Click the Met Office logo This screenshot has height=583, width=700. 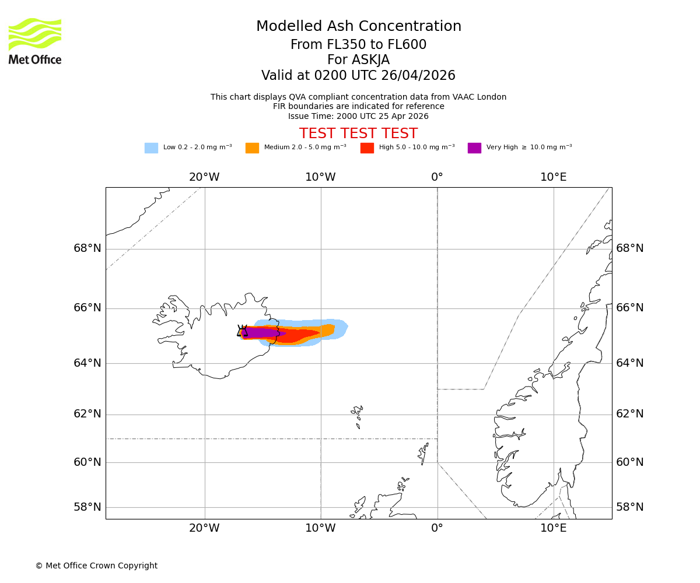tap(35, 41)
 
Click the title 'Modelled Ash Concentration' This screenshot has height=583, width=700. tap(359, 27)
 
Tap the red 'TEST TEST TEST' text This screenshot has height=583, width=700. tap(358, 134)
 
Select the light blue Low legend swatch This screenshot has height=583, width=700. tap(151, 148)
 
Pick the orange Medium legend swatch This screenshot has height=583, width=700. tap(252, 148)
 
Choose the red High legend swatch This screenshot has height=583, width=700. tap(367, 148)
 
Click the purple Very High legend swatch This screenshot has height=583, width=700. tap(474, 148)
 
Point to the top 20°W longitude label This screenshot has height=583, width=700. tap(204, 177)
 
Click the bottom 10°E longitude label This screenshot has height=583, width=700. tap(553, 528)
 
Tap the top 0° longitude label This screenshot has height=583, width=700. tap(437, 177)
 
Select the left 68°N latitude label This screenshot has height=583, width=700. tap(87, 248)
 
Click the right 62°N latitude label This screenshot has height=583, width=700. tap(630, 414)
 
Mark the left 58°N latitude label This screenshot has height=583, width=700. tap(87, 507)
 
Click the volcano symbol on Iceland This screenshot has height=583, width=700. tap(242, 331)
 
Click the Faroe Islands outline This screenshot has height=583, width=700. tap(357, 415)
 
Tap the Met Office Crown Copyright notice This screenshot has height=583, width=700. tap(96, 566)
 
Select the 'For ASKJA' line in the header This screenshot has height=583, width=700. tap(358, 60)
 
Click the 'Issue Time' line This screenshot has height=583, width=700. tap(358, 117)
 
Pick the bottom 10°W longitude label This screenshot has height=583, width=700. tap(320, 528)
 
